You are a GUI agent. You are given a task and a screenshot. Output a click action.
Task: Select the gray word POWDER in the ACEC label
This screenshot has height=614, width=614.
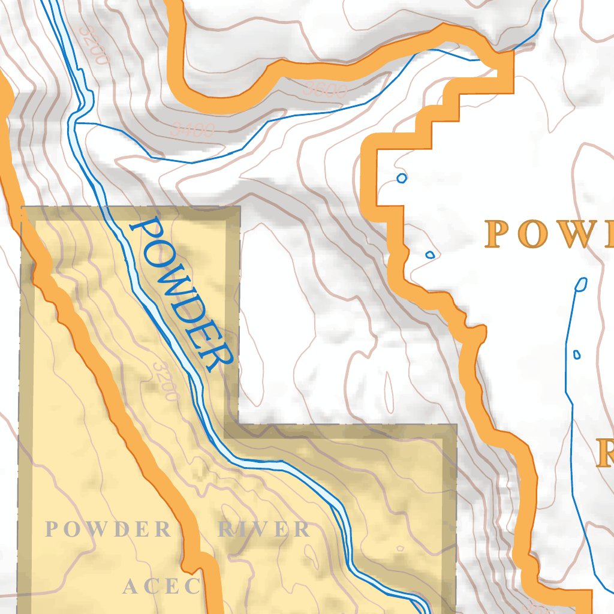pyautogui.click(x=109, y=529)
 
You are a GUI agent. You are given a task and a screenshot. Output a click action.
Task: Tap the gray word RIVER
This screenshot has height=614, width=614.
pyautogui.click(x=264, y=529)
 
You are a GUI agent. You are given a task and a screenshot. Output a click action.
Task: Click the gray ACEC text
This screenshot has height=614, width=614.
pyautogui.click(x=161, y=586)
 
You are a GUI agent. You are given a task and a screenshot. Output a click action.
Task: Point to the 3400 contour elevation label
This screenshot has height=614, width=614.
pyautogui.click(x=192, y=129)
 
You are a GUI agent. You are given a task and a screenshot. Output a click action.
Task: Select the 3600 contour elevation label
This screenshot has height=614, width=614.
pyautogui.click(x=326, y=91)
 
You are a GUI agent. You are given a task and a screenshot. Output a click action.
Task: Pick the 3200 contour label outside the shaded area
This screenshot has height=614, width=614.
pyautogui.click(x=92, y=45)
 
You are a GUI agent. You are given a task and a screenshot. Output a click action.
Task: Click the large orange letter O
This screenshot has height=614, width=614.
pyautogui.click(x=531, y=234)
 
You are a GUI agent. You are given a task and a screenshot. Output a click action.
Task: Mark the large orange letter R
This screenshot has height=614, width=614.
pyautogui.click(x=606, y=453)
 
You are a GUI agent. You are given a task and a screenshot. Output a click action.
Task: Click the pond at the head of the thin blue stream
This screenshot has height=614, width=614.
pyautogui.click(x=580, y=284)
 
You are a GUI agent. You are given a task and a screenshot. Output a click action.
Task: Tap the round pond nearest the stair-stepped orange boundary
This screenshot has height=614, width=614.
pyautogui.click(x=402, y=178)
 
